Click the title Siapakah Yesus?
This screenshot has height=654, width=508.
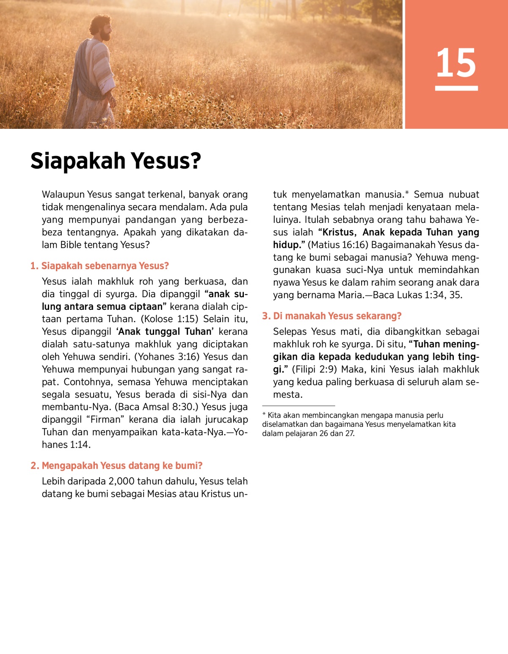[116, 161]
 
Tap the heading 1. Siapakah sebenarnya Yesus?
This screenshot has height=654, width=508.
[99, 266]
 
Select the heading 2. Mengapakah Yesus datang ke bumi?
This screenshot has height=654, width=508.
[116, 465]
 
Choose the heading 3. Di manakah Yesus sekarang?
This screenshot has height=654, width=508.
[331, 316]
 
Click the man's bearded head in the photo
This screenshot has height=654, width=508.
[102, 28]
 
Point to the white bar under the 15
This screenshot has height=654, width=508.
[456, 88]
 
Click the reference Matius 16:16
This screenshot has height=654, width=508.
[337, 245]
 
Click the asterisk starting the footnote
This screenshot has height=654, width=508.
[264, 415]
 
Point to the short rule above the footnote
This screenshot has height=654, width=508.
[298, 406]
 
